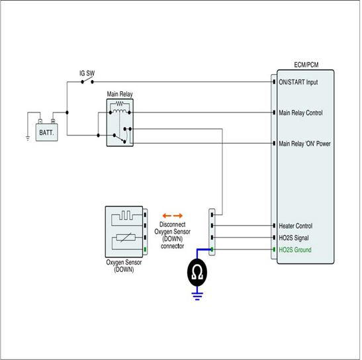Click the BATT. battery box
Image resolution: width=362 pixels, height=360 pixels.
(x=46, y=132)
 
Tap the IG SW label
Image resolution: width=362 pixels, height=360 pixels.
(x=87, y=73)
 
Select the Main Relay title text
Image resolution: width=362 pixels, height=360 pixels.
(x=120, y=94)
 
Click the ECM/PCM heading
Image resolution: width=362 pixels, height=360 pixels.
(x=306, y=65)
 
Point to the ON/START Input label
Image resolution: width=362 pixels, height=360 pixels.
(x=298, y=82)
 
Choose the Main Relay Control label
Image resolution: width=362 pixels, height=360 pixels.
(x=300, y=113)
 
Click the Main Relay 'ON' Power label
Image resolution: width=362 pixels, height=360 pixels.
(x=304, y=144)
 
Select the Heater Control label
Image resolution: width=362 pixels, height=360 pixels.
(x=296, y=226)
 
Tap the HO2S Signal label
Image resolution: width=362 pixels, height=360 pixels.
(x=294, y=238)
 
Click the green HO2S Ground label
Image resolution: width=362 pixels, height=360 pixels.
(x=295, y=250)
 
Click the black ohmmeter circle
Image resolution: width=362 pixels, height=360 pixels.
(x=197, y=273)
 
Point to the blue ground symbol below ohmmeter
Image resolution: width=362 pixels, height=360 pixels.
(x=197, y=296)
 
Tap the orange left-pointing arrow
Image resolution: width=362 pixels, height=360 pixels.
(x=167, y=216)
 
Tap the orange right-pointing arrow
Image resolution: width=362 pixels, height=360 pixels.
(x=178, y=216)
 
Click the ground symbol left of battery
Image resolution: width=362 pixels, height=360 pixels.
(x=28, y=138)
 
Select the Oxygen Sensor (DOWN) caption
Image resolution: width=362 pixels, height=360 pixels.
(x=124, y=266)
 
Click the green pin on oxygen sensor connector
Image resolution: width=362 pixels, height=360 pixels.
(x=145, y=249)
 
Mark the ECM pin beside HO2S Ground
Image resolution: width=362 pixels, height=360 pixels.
(x=274, y=249)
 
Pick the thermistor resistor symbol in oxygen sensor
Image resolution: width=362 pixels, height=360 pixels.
(x=126, y=238)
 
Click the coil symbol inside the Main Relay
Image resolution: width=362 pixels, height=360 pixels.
(x=120, y=112)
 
